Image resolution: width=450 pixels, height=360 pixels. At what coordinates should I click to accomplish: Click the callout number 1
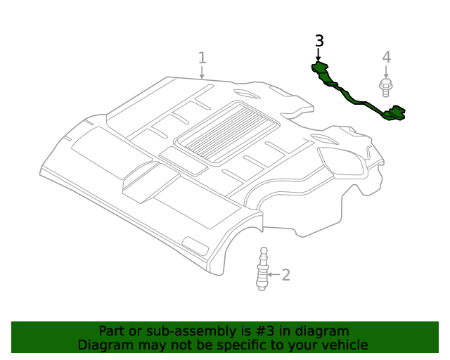[202, 58]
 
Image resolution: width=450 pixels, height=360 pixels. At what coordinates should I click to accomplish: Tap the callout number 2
[285, 274]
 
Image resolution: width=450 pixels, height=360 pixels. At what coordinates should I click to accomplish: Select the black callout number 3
[319, 41]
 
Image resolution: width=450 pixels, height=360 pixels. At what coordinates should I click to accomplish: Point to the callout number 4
[386, 57]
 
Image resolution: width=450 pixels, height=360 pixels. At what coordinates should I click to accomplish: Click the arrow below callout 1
[202, 72]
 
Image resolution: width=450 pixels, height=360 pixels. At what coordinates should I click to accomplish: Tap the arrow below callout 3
[319, 55]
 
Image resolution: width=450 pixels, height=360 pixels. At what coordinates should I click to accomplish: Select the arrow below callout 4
[386, 72]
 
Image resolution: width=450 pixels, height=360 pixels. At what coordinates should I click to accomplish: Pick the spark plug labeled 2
[263, 271]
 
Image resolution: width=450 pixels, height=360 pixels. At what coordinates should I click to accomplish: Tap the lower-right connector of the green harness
[398, 112]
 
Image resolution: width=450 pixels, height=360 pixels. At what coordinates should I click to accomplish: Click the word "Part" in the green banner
[112, 331]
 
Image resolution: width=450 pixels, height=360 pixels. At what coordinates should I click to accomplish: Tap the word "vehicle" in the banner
[345, 345]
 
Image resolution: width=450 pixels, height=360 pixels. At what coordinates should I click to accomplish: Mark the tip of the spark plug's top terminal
[264, 249]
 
